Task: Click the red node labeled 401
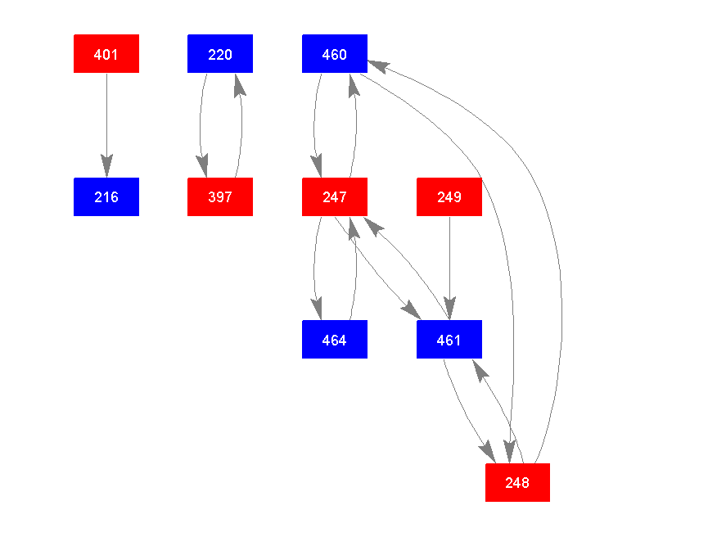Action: pyautogui.click(x=106, y=54)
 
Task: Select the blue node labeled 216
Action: pyautogui.click(x=106, y=197)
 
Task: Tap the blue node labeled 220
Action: pyautogui.click(x=220, y=54)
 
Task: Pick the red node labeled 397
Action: pyautogui.click(x=220, y=197)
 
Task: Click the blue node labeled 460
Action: pyautogui.click(x=335, y=54)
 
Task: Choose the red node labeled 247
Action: pyautogui.click(x=335, y=197)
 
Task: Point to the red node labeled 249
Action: pyautogui.click(x=449, y=197)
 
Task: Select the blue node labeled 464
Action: pyautogui.click(x=335, y=340)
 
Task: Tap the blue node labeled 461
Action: pyautogui.click(x=449, y=340)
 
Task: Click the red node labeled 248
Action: pyautogui.click(x=517, y=483)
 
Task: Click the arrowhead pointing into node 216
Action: pyautogui.click(x=106, y=167)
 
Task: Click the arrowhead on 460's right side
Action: pyautogui.click(x=379, y=65)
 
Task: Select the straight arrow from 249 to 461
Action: pyautogui.click(x=449, y=262)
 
